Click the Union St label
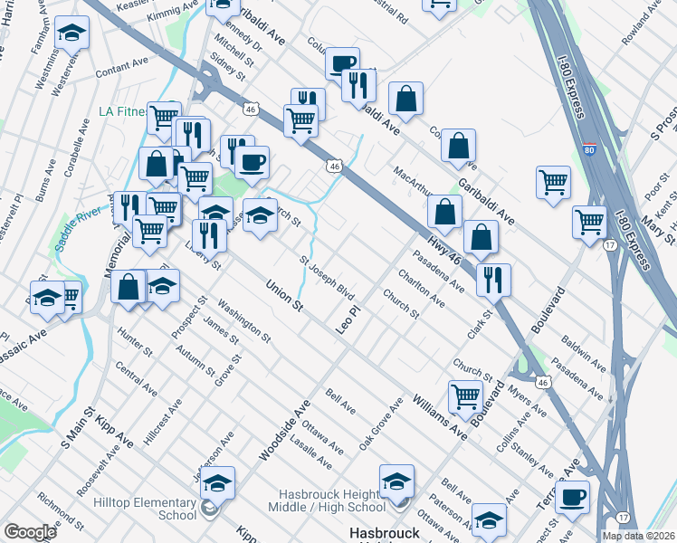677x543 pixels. coord(283,295)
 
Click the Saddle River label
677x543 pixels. coord(53,218)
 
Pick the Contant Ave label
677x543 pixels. coord(121,65)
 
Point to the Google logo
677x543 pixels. coord(30,531)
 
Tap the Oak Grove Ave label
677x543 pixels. coord(380,424)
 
